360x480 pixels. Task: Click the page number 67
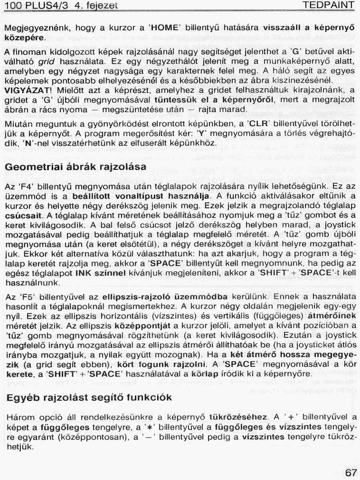tap(350, 472)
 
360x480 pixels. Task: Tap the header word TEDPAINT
tap(328, 5)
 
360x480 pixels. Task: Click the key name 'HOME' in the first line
tap(165, 28)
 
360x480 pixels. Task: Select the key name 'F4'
tap(25, 186)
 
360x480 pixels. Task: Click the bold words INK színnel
tap(101, 273)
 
